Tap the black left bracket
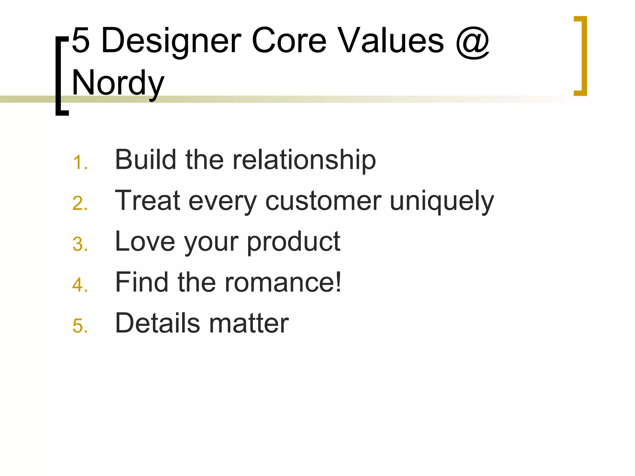click(x=61, y=76)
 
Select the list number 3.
click(x=80, y=244)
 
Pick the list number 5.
click(x=80, y=326)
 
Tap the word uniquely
click(x=442, y=201)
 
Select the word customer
click(x=323, y=201)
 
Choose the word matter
click(x=249, y=324)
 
